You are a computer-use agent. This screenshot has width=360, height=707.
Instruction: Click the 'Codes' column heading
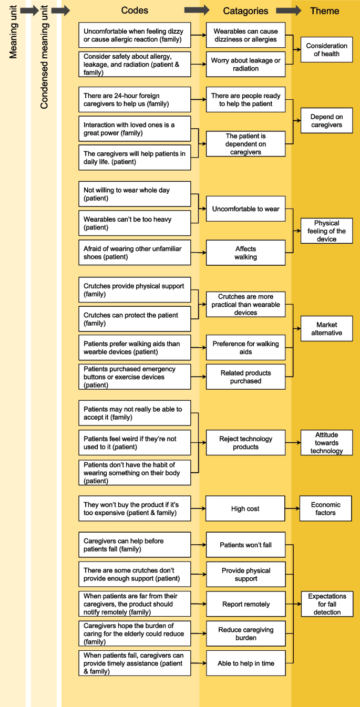tap(135, 11)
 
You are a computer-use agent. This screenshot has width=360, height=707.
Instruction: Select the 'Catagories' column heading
tap(245, 11)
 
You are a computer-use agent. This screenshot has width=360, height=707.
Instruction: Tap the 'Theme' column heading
tap(325, 11)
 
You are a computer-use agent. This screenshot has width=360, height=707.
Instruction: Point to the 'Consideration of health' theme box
tap(326, 50)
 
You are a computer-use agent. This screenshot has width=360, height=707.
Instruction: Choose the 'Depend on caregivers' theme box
tap(326, 121)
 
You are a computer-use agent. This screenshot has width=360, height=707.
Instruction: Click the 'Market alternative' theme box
tap(326, 329)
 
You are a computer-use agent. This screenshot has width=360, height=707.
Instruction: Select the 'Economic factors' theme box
tap(325, 508)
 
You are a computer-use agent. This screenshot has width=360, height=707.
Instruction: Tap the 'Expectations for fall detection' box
tap(327, 604)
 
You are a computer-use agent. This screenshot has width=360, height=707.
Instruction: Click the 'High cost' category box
tap(245, 508)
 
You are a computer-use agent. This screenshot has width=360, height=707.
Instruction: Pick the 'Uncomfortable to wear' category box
tap(245, 209)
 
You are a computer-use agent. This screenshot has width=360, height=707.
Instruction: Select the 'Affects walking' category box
tap(245, 253)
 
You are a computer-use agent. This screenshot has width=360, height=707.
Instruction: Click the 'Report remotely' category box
tap(245, 604)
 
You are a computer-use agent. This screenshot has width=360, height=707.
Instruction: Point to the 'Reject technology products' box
tap(245, 443)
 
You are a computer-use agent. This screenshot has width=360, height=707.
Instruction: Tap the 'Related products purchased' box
tap(245, 377)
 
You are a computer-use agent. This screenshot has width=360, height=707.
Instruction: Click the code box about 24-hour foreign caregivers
tap(135, 100)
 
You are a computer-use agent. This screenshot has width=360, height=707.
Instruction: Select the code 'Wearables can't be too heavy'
tap(135, 223)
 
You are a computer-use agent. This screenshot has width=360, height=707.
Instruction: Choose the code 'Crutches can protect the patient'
tap(135, 319)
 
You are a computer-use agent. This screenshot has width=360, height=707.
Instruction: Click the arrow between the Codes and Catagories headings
tap(197, 11)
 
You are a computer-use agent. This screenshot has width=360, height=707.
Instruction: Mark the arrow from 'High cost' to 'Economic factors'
tap(292, 508)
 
